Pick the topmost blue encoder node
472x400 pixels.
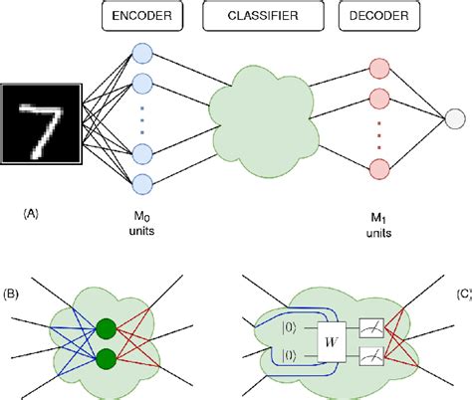[x=142, y=54]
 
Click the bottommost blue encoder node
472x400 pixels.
[x=142, y=184]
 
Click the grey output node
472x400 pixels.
[x=453, y=119]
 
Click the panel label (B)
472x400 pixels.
[x=14, y=295]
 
